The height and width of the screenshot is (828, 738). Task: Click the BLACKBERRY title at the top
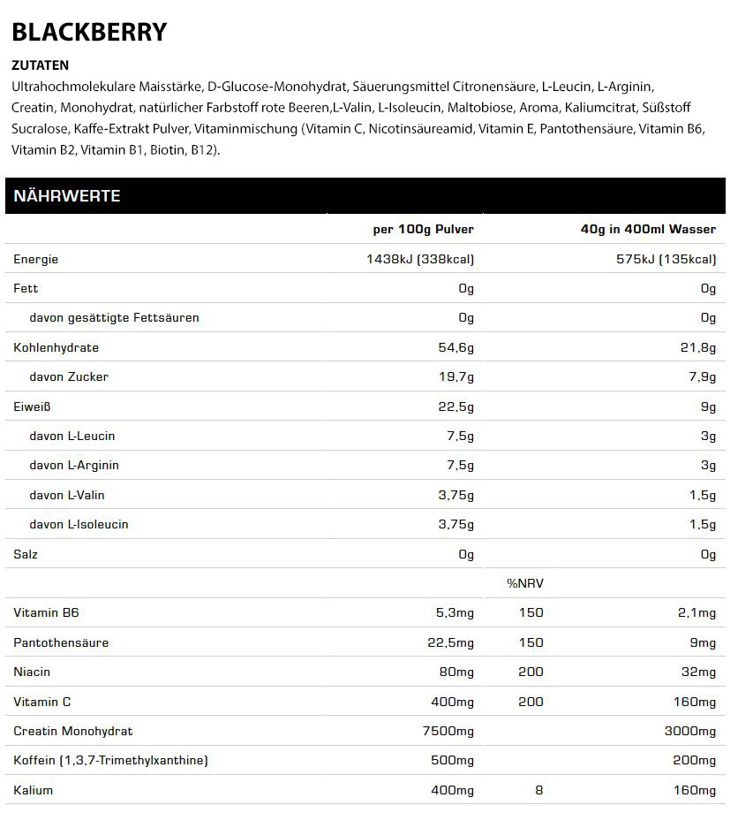click(89, 33)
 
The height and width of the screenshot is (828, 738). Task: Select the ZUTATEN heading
click(41, 65)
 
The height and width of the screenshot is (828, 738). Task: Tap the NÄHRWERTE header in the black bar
click(67, 196)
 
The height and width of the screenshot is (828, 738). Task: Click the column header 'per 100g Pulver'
click(423, 229)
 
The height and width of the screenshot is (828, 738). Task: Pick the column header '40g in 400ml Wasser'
click(648, 229)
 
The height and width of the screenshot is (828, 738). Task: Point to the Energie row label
click(36, 259)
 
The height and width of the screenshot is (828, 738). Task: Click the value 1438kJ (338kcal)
click(420, 259)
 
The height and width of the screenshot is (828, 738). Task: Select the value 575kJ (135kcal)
click(666, 259)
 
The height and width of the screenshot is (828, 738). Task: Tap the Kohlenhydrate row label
click(56, 347)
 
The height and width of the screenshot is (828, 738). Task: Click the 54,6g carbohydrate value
click(456, 347)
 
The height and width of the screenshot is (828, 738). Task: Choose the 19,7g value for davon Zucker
click(456, 377)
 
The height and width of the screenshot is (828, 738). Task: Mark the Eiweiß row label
click(33, 406)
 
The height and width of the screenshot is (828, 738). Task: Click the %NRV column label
click(524, 583)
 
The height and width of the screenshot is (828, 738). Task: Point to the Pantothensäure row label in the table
click(61, 642)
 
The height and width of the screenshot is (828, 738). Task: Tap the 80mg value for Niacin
click(456, 672)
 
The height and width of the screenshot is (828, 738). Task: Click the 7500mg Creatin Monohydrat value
click(448, 731)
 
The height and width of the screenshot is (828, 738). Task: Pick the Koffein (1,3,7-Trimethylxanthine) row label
click(111, 760)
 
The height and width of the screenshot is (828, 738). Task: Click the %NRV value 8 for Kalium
click(538, 790)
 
